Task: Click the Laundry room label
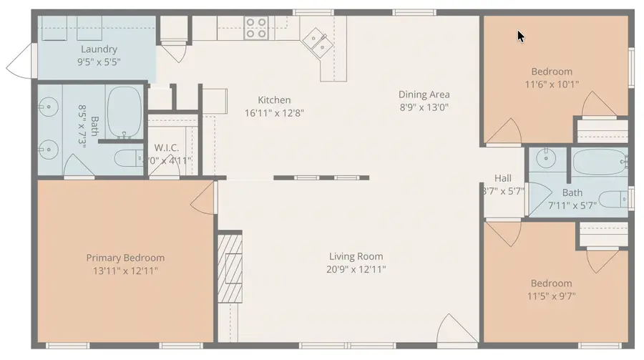click(x=99, y=49)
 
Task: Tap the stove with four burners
click(x=256, y=28)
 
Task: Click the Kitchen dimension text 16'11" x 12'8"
click(x=274, y=112)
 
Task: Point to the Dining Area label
click(x=424, y=94)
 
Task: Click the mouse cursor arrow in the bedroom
click(x=521, y=35)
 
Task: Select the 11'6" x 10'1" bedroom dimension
click(x=551, y=84)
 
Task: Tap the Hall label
click(x=503, y=178)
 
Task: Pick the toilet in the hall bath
click(x=612, y=199)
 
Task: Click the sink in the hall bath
click(x=547, y=157)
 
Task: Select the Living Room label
click(x=356, y=256)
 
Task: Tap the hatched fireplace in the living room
click(x=230, y=268)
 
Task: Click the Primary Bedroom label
click(x=125, y=258)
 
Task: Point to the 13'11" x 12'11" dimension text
click(x=125, y=271)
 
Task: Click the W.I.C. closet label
click(x=166, y=148)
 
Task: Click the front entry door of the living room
click(x=456, y=329)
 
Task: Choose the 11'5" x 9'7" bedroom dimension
click(x=551, y=296)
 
